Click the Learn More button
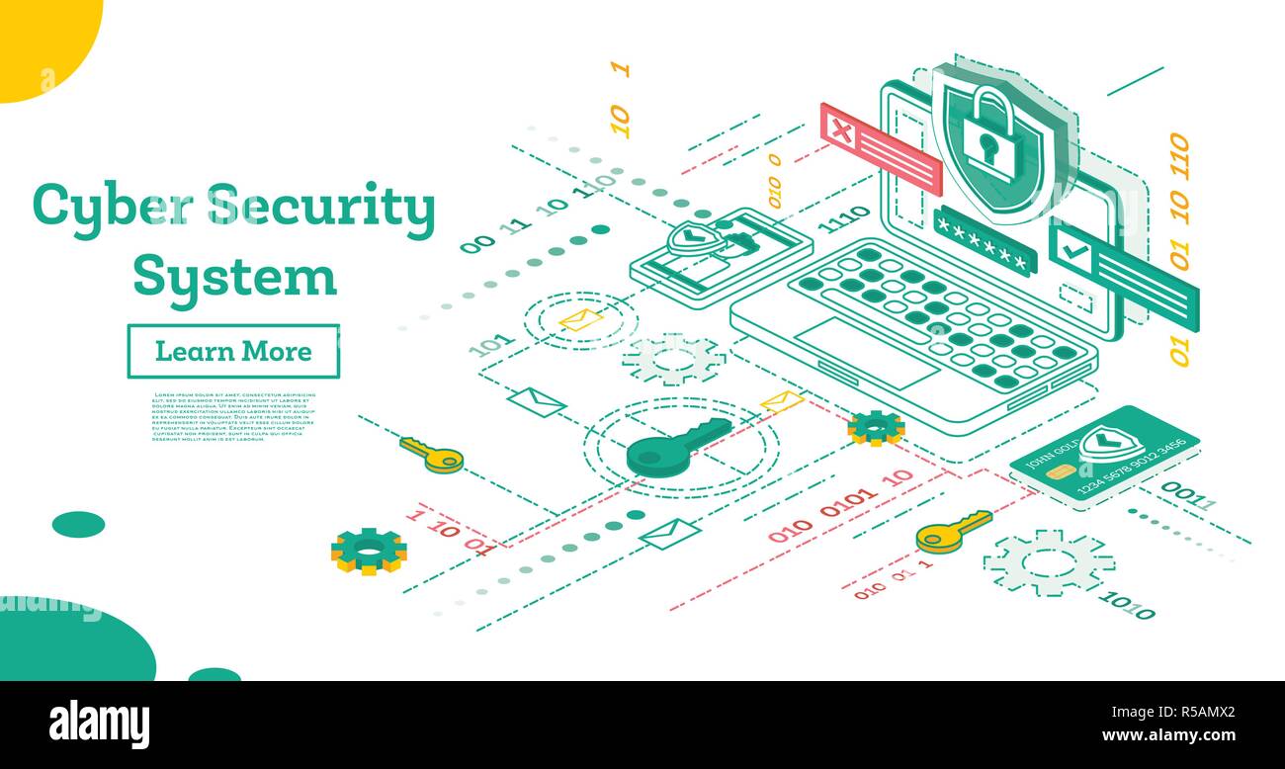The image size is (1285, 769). coord(233,351)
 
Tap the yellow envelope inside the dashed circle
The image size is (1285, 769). coord(580,319)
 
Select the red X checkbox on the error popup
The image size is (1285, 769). coord(840,129)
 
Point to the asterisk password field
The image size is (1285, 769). coord(984,242)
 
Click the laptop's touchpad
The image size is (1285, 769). coord(867,352)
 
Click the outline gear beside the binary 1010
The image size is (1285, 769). coord(1048,561)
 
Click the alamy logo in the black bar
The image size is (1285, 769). coord(99,725)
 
